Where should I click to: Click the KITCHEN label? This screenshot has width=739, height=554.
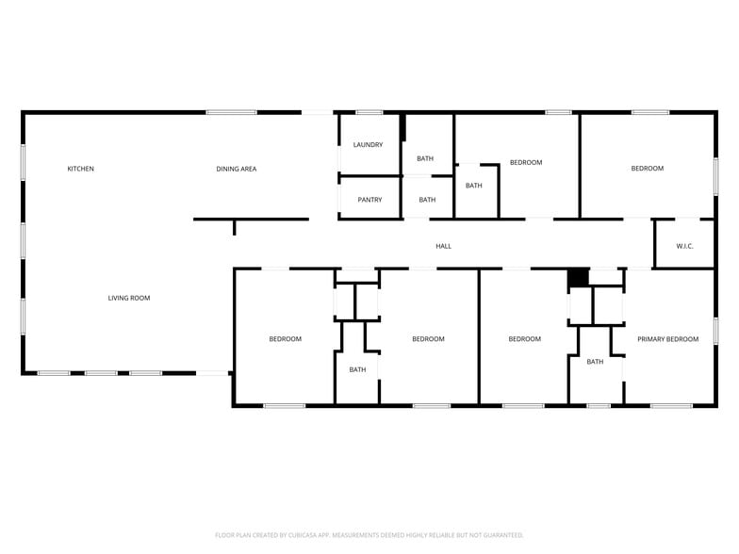(x=80, y=169)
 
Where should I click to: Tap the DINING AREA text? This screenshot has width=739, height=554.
(x=236, y=169)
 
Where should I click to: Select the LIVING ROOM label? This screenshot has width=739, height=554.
(x=128, y=298)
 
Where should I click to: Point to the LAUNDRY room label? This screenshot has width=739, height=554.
(x=368, y=144)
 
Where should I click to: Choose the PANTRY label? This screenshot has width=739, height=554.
(x=369, y=199)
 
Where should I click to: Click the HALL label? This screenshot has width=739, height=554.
(x=443, y=246)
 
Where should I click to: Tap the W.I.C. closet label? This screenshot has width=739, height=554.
(x=684, y=246)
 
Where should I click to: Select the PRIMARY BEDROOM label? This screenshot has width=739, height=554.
(x=667, y=338)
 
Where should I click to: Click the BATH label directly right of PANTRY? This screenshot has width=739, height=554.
(x=427, y=199)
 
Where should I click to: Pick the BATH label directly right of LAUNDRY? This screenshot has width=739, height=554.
(x=425, y=158)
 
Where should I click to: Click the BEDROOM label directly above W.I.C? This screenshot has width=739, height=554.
(x=647, y=168)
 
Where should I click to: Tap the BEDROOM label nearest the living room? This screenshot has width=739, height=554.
(x=285, y=338)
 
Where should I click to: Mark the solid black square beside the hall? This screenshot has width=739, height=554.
(x=577, y=278)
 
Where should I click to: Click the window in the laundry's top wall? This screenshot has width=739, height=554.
(x=369, y=113)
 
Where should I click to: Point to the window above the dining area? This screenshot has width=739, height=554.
(x=231, y=113)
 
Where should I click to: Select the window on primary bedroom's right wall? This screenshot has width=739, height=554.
(x=715, y=330)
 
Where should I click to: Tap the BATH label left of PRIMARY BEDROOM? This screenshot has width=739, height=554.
(x=595, y=362)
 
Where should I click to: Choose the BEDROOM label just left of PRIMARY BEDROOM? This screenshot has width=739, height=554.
(x=524, y=338)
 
